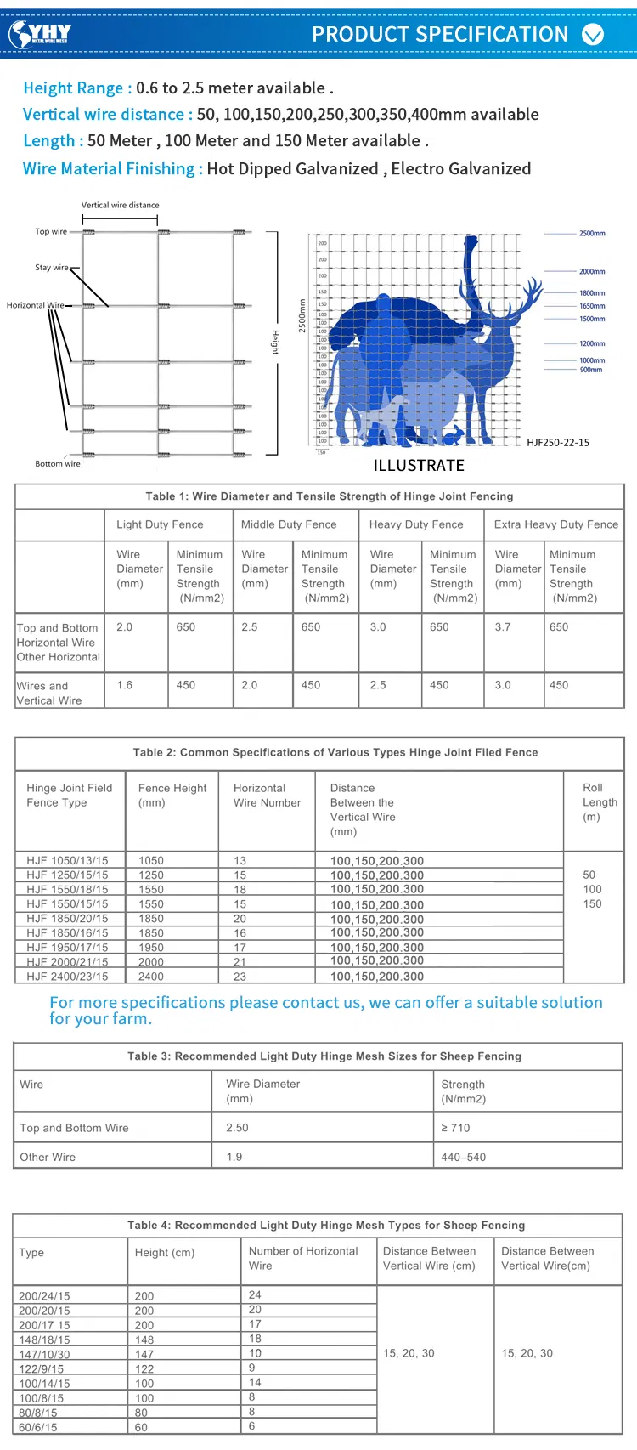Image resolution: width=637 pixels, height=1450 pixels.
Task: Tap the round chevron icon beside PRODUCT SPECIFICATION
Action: pyautogui.click(x=593, y=34)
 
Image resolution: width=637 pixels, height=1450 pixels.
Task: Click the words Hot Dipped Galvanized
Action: pyautogui.click(x=292, y=169)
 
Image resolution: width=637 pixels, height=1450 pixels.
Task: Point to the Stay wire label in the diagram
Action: pyautogui.click(x=52, y=268)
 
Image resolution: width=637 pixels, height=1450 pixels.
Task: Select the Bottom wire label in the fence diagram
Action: pyautogui.click(x=58, y=464)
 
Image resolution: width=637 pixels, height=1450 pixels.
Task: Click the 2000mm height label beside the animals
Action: pyautogui.click(x=592, y=272)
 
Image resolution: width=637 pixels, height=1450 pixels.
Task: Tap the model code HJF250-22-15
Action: pyautogui.click(x=558, y=443)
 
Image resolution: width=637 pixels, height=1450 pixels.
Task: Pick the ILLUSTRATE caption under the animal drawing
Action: pyautogui.click(x=419, y=466)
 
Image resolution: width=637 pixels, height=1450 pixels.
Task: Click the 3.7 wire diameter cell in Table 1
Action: pyautogui.click(x=503, y=627)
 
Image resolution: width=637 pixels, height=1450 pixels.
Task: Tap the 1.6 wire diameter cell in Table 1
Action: pyautogui.click(x=125, y=685)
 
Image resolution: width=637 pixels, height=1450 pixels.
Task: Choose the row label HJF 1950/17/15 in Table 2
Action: pyautogui.click(x=67, y=948)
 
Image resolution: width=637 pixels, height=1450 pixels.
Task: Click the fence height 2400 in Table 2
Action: pyautogui.click(x=151, y=977)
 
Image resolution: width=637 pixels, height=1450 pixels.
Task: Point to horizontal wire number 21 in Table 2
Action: pyautogui.click(x=240, y=962)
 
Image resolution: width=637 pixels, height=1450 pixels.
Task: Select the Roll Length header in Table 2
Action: pyautogui.click(x=600, y=802)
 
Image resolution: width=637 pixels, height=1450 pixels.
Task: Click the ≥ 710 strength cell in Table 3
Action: pyautogui.click(x=455, y=1128)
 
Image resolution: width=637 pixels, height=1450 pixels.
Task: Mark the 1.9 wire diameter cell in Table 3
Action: pyautogui.click(x=234, y=1157)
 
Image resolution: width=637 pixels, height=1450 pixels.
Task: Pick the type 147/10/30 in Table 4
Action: pyautogui.click(x=44, y=1355)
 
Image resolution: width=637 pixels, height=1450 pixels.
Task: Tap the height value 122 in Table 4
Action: pyautogui.click(x=144, y=1369)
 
